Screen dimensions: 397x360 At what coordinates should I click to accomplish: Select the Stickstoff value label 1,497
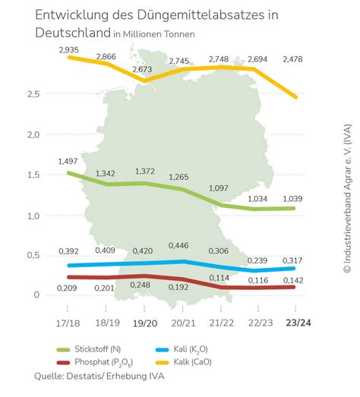click(68, 162)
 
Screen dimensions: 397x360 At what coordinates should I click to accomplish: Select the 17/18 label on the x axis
click(68, 323)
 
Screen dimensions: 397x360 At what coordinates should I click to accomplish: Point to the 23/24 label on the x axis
click(296, 323)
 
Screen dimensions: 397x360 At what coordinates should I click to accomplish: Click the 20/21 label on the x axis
click(182, 323)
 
